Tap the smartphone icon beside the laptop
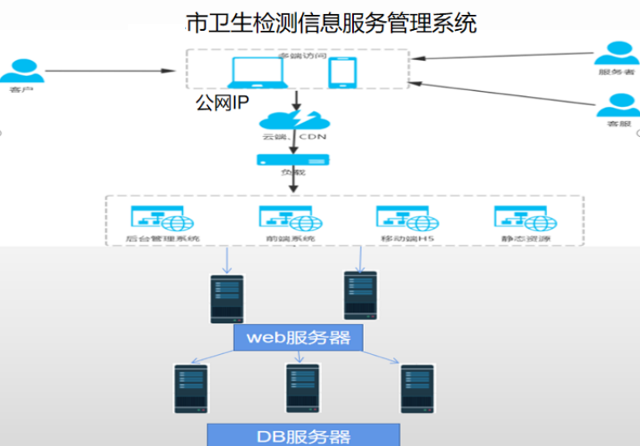point(340,73)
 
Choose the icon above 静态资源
point(526,218)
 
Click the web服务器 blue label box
point(292,338)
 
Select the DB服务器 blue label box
point(303,435)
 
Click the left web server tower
point(227,298)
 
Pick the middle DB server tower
point(302,388)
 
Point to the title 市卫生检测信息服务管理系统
point(330,23)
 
